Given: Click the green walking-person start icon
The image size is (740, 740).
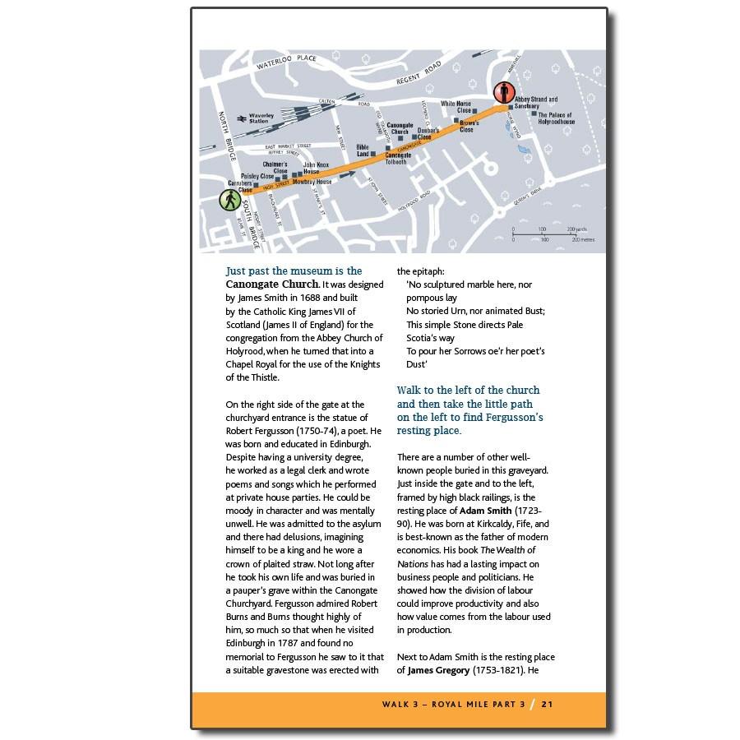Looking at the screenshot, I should (x=229, y=200).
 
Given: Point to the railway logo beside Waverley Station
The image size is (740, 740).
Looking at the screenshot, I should (x=240, y=118).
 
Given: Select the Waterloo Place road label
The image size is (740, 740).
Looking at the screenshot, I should (x=285, y=60).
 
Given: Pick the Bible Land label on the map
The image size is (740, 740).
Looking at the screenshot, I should (x=363, y=150).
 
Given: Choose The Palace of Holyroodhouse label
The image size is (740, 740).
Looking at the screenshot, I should (x=556, y=118).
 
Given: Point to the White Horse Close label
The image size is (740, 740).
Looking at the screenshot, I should (x=456, y=107).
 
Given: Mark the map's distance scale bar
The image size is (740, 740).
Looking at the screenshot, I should (x=542, y=234).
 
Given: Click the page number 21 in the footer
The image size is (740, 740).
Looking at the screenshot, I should (x=547, y=704).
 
